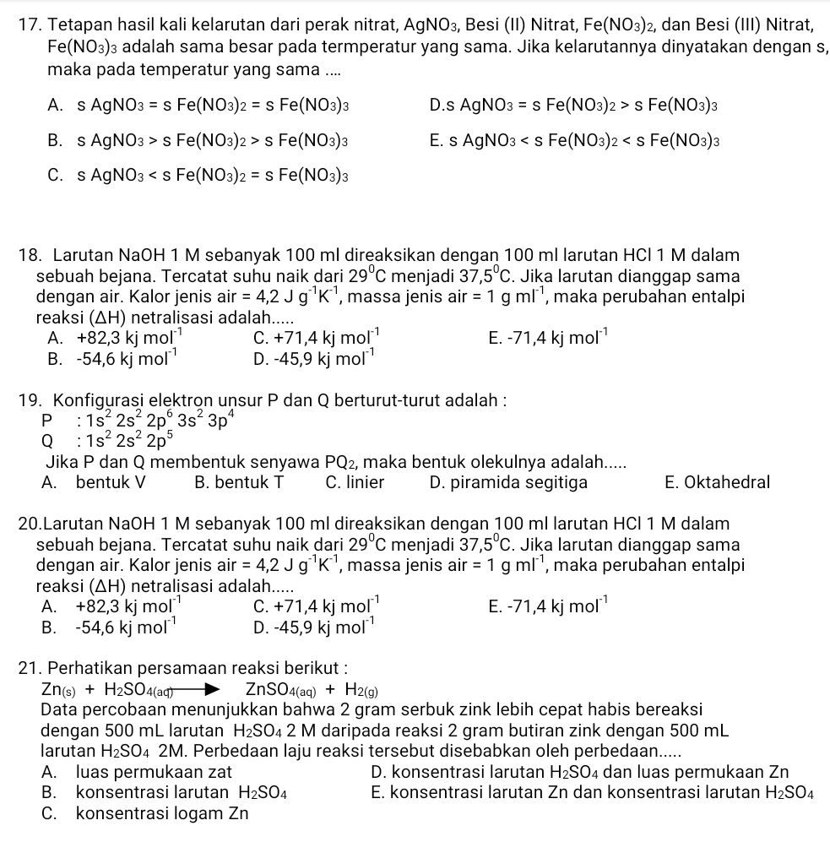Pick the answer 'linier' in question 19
tap(355, 482)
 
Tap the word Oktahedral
tap(717, 482)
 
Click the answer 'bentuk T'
tap(238, 482)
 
